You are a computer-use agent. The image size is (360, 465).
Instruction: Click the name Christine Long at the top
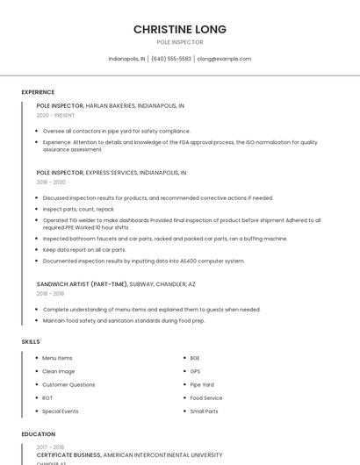[x=180, y=29]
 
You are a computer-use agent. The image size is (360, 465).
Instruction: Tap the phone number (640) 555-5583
[x=171, y=59]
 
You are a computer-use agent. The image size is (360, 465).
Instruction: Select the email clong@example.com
[x=224, y=59]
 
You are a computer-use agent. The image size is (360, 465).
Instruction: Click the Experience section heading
[x=38, y=92]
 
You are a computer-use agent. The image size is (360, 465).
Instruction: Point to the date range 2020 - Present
[x=56, y=115]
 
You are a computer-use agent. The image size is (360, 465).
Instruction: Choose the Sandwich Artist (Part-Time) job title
[x=82, y=284]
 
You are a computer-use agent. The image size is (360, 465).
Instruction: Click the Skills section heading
[x=31, y=341]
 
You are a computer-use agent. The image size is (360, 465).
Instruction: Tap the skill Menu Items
[x=57, y=358]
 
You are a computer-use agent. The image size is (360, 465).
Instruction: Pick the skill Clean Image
[x=59, y=371]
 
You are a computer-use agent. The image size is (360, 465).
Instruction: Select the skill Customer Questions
[x=68, y=384]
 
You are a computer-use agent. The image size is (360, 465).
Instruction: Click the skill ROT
[x=47, y=397]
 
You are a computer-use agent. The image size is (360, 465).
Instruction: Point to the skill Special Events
[x=61, y=411]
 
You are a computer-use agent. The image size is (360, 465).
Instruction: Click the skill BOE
[x=195, y=358]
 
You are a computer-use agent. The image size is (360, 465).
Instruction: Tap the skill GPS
[x=195, y=371]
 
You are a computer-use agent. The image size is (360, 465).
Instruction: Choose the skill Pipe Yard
[x=202, y=384]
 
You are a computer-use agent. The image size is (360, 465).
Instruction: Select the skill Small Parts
[x=204, y=411]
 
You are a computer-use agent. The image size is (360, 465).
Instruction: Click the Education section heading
[x=38, y=434]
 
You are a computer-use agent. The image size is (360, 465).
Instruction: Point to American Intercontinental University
[x=162, y=455]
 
